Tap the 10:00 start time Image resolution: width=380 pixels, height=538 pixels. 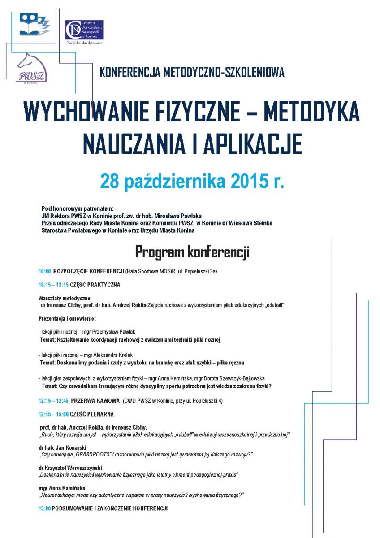click(45, 272)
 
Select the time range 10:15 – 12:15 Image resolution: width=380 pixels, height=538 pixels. click(53, 285)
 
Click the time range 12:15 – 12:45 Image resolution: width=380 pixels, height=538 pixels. click(53, 400)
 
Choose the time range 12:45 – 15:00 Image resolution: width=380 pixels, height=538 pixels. click(53, 414)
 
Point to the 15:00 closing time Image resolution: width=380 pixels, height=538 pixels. click(45, 508)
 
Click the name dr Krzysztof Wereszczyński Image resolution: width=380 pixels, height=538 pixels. click(71, 468)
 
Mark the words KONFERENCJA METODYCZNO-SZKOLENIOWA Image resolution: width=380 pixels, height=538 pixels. click(192, 72)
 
